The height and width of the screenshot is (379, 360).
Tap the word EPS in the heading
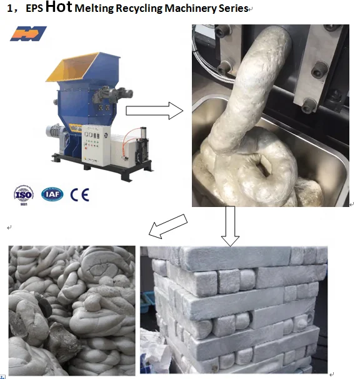[34, 9]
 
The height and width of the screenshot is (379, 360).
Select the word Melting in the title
[94, 9]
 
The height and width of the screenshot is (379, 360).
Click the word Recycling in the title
[139, 9]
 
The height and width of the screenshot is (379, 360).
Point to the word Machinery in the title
[191, 9]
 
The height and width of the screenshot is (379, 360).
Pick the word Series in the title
[233, 9]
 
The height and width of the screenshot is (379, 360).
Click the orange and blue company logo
[28, 34]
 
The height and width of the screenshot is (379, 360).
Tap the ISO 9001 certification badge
[24, 195]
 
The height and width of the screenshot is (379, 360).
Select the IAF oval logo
[52, 194]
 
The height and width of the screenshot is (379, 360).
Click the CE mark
[80, 195]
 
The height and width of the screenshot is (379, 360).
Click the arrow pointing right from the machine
[154, 111]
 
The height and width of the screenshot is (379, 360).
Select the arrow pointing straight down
[230, 226]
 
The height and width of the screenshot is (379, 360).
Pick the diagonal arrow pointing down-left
[168, 226]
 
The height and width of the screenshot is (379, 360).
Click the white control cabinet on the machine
[96, 146]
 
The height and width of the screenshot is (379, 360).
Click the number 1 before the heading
[9, 9]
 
